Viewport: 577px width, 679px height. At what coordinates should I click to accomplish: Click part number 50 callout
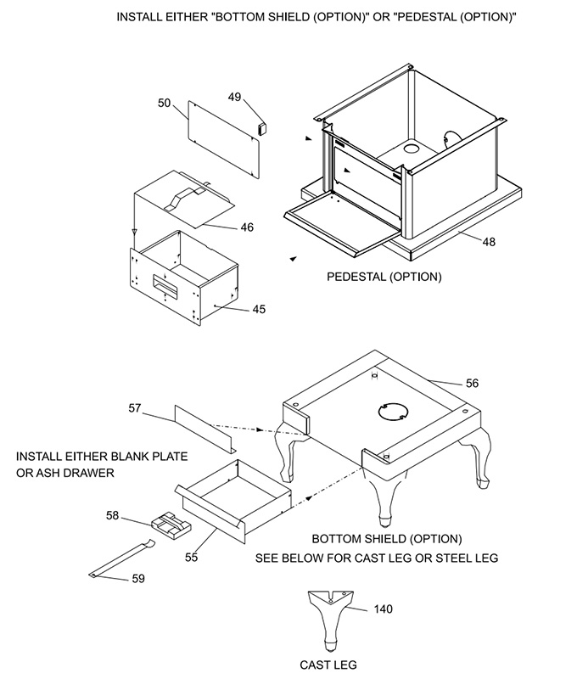(x=165, y=103)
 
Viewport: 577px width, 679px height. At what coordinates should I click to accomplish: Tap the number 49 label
(x=234, y=97)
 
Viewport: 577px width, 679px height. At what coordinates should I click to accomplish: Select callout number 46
(x=247, y=227)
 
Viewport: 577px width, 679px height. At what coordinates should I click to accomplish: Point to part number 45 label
(x=259, y=309)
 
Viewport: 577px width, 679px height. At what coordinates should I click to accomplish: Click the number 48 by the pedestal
(x=489, y=241)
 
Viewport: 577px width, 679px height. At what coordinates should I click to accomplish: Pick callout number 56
(x=472, y=383)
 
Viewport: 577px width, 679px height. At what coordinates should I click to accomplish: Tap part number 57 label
(x=134, y=408)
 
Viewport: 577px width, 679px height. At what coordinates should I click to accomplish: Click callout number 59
(x=137, y=579)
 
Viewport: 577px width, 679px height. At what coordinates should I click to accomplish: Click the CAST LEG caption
(x=329, y=665)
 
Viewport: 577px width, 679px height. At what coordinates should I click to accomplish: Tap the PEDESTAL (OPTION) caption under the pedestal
(x=384, y=277)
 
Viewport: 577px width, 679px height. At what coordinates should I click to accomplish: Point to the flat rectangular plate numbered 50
(x=222, y=140)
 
